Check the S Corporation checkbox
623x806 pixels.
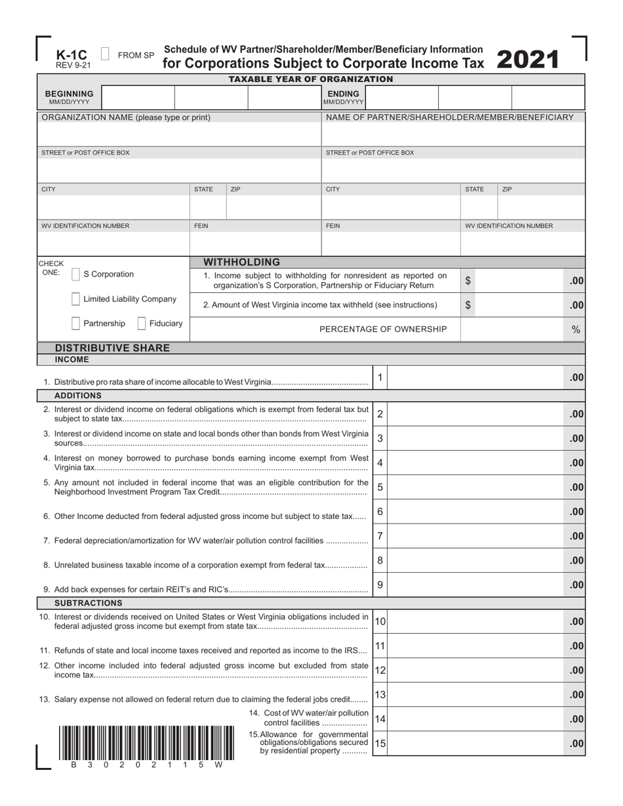(x=75, y=275)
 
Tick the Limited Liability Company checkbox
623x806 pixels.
(x=75, y=299)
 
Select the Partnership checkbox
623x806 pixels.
(x=75, y=324)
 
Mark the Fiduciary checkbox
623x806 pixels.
(x=142, y=324)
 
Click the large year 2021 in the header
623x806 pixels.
(x=528, y=60)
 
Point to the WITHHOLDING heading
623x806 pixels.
(x=242, y=262)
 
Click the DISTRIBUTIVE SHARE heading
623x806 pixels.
(x=112, y=348)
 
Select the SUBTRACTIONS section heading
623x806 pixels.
(x=88, y=603)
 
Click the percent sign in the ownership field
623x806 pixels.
(x=576, y=330)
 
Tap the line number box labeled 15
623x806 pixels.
(x=380, y=743)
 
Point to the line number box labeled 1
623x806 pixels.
(x=380, y=377)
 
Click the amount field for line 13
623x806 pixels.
(x=475, y=695)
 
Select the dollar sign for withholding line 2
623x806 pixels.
(x=468, y=305)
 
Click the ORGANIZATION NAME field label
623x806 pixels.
(x=126, y=117)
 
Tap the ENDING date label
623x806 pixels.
(x=343, y=94)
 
